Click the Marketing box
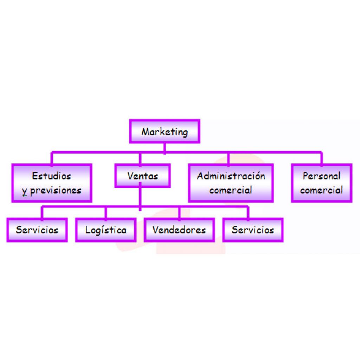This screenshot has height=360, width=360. [x=165, y=131]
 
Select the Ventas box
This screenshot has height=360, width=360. [x=142, y=175]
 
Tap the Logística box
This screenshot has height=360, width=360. [x=106, y=230]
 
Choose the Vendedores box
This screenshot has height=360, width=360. [x=179, y=230]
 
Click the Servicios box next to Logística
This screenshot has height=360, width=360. [x=37, y=230]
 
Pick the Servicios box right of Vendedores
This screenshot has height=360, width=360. [x=253, y=230]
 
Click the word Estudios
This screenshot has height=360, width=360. [x=51, y=175]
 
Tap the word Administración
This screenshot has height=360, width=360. [x=231, y=175]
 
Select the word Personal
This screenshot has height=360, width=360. [x=321, y=175]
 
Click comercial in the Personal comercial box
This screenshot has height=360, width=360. [x=321, y=190]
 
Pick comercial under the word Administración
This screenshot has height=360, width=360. [x=231, y=190]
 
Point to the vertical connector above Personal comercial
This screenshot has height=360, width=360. [x=321, y=158]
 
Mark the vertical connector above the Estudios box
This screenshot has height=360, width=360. [x=52, y=158]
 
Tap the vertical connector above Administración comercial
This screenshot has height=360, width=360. [x=229, y=158]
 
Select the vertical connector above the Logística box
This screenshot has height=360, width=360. [x=106, y=213]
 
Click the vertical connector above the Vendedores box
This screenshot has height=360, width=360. [x=179, y=213]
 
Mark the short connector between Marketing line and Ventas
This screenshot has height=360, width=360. [x=140, y=159]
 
